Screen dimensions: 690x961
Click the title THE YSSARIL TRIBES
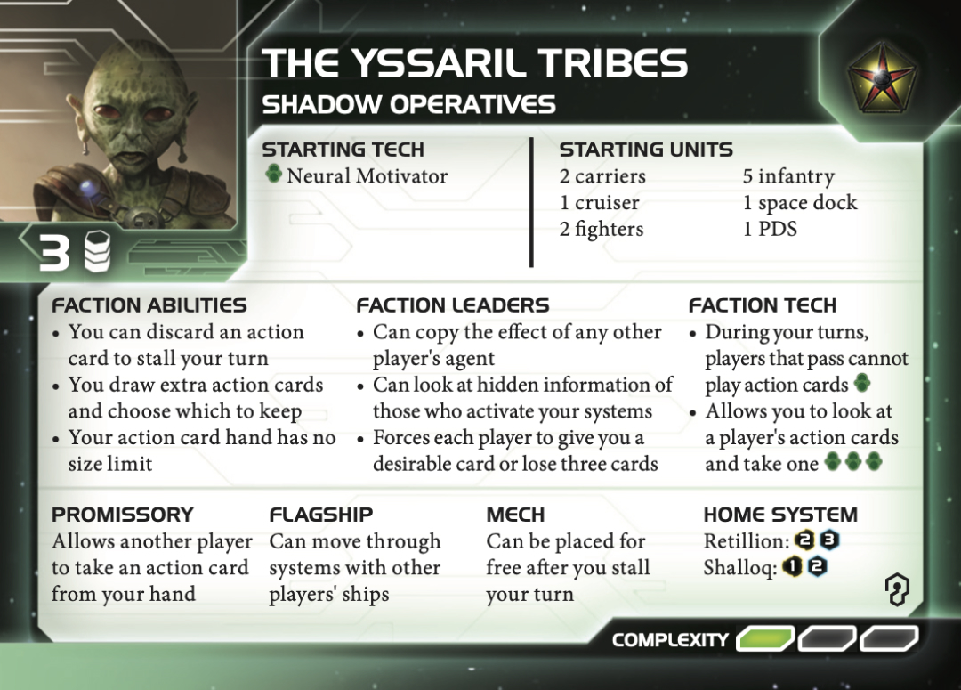pyautogui.click(x=475, y=64)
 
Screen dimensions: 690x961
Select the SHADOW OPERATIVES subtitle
pyautogui.click(x=408, y=105)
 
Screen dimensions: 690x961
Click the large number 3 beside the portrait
pyautogui.click(x=54, y=255)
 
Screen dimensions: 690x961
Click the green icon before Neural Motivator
pyautogui.click(x=274, y=175)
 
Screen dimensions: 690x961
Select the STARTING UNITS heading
pyautogui.click(x=646, y=150)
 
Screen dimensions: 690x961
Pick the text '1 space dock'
pyautogui.click(x=800, y=203)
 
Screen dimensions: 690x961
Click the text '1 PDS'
pyautogui.click(x=770, y=230)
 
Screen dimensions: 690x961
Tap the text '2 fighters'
pyautogui.click(x=602, y=230)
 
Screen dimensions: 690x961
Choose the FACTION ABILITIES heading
pyautogui.click(x=149, y=305)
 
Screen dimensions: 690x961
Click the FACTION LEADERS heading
pyautogui.click(x=453, y=305)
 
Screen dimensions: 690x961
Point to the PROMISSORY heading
pyautogui.click(x=122, y=515)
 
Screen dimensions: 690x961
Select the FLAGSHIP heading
pyautogui.click(x=320, y=515)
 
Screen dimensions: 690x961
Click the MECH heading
pyautogui.click(x=515, y=515)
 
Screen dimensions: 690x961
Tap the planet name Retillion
pyautogui.click(x=746, y=541)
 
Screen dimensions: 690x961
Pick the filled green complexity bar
pyautogui.click(x=765, y=638)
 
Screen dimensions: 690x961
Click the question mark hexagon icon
pyautogui.click(x=896, y=589)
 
